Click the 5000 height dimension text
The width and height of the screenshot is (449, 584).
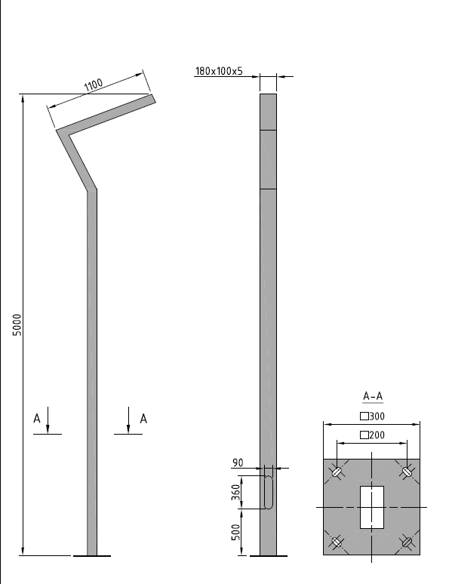(x=17, y=324)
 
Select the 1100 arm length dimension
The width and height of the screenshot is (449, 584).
(x=93, y=85)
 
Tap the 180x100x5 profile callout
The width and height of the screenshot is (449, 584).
(x=219, y=71)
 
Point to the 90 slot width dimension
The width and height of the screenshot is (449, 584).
(x=238, y=463)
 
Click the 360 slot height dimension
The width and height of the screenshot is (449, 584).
(x=236, y=493)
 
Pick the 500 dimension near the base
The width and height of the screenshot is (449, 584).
(x=236, y=532)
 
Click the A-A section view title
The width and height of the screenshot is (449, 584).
(x=373, y=396)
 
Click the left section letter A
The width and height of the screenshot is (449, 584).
(x=36, y=419)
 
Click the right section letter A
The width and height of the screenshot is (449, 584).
(x=143, y=419)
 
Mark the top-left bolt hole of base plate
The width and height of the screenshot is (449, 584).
(x=337, y=472)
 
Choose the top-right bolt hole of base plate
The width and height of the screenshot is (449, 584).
(x=407, y=472)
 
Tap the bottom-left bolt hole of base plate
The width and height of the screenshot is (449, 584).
(x=337, y=543)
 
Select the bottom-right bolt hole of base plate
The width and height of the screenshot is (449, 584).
(x=407, y=542)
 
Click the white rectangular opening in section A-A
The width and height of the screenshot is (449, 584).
(x=372, y=507)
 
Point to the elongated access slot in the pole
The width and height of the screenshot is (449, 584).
(x=269, y=492)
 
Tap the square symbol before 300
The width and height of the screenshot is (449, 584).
(x=364, y=416)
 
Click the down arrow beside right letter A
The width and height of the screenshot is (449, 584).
(x=128, y=420)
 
